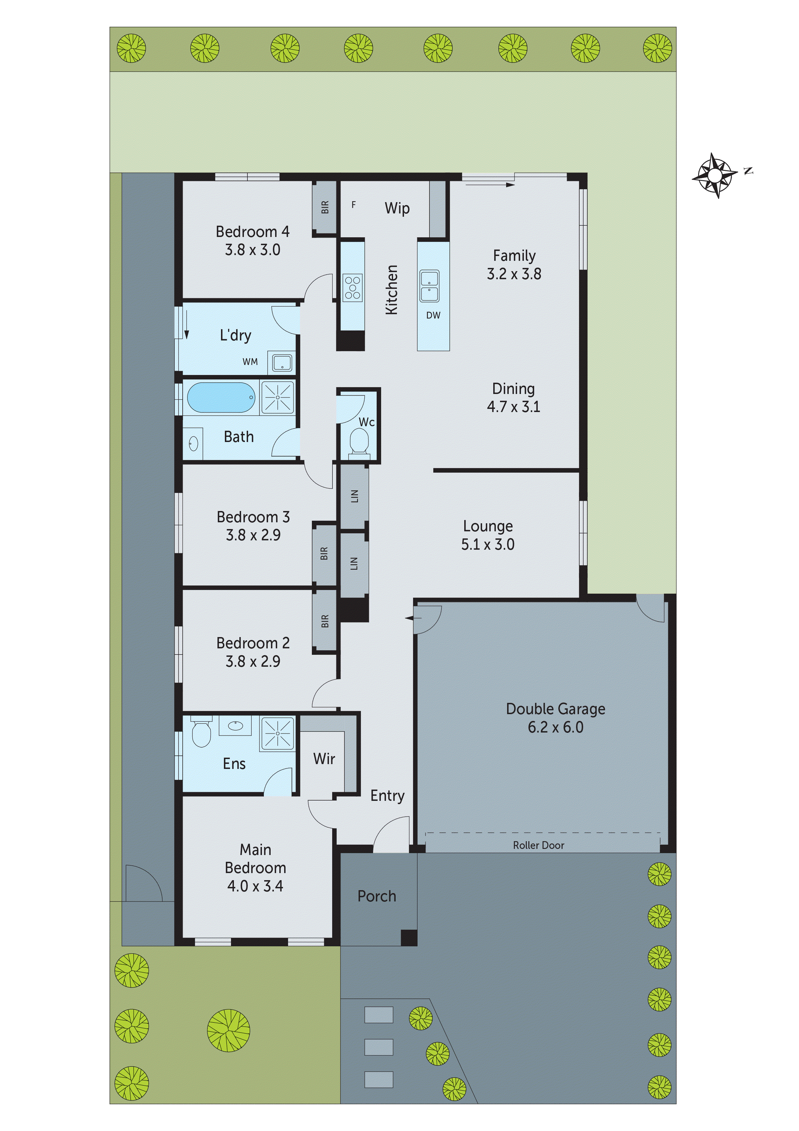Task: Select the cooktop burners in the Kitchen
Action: pos(352,288)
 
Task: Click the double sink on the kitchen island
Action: pos(429,286)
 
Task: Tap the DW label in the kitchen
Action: pos(433,315)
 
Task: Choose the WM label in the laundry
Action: pos(250,361)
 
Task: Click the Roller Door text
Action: pos(539,845)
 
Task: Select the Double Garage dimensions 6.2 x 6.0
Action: pos(555,727)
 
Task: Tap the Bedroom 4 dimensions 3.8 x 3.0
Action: pos(253,250)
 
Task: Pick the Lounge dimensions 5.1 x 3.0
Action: pos(487,544)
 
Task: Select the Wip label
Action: pos(397,208)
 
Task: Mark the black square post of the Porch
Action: pos(409,938)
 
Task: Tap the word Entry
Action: pos(388,796)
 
